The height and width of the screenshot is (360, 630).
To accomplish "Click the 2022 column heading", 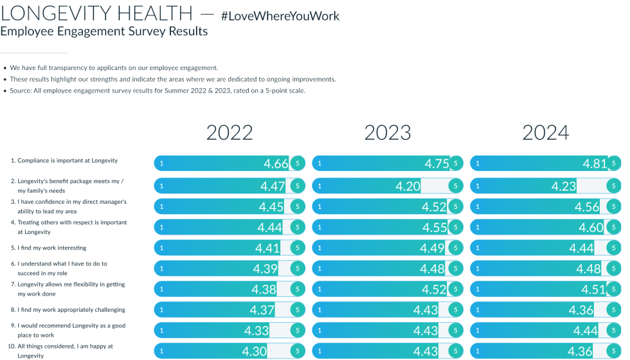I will coord(230,133).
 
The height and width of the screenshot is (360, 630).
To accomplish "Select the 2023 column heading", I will coord(388,133).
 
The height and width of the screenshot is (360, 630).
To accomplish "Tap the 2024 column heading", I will coord(546,133).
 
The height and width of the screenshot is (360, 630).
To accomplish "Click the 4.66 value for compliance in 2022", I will coord(276,164).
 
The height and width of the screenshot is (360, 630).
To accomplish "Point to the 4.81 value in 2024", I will coord(595,164).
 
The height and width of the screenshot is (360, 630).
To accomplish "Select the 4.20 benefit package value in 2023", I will coord(408,186).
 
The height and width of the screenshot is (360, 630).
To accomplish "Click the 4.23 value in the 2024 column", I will coord(564,186).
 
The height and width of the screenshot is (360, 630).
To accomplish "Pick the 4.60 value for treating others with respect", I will coord(591,228).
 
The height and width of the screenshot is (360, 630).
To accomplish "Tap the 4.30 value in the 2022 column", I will coord(254,352).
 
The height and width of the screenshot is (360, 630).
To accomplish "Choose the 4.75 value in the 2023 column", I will coord(437,164).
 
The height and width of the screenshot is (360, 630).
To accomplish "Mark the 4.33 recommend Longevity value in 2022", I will coord(256,330).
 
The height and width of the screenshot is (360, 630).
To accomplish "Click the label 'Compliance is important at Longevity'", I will coord(64,161).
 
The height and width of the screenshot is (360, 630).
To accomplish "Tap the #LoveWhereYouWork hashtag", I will coord(280,15).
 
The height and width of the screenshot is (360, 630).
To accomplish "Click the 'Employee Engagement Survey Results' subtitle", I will coord(104,32).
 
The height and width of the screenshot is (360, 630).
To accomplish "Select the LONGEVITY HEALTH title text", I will coord(96,12).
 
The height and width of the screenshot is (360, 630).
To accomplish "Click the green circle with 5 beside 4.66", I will coord(297,164).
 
